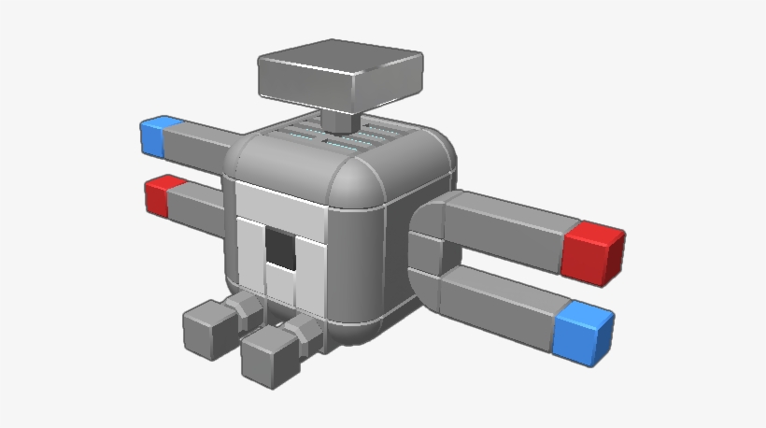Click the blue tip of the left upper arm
pos(152,136)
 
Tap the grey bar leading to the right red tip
pos(509,224)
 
